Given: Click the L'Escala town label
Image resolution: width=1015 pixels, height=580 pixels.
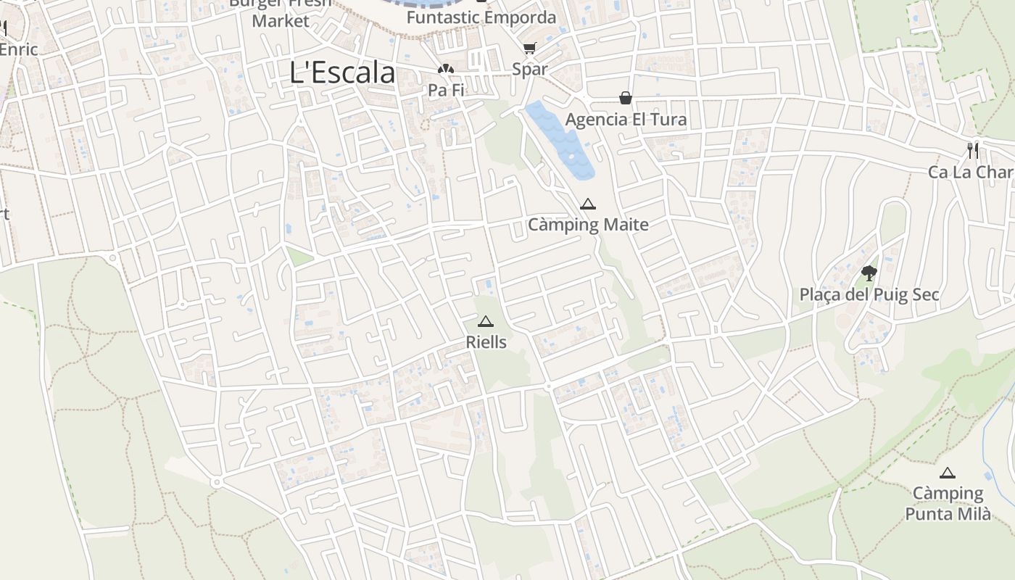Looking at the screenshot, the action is (342, 72).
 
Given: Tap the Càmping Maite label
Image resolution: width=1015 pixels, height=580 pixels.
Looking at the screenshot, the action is (588, 225).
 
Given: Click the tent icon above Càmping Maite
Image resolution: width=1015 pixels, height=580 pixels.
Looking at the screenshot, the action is (588, 204).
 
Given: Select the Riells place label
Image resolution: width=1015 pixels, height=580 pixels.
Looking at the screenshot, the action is (486, 341).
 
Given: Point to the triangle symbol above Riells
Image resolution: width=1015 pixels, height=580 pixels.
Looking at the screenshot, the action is (486, 322).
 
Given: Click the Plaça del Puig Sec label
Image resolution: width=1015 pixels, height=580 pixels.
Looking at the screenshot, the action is (869, 294).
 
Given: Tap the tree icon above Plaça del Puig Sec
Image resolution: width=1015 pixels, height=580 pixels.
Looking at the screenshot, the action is (869, 273).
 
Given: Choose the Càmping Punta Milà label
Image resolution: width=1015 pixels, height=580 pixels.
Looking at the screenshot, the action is (948, 504).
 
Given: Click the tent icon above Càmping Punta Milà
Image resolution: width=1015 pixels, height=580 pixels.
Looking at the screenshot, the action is (947, 473).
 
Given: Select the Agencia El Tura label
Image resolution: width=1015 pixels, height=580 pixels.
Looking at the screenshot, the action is (626, 119).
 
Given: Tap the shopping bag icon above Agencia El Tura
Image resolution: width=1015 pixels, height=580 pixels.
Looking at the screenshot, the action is (625, 98).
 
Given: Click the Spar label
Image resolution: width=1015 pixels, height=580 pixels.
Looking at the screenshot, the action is (529, 70).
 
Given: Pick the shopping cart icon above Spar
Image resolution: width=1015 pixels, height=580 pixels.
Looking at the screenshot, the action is (529, 49).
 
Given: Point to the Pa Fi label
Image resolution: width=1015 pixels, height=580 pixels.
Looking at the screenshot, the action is (445, 90).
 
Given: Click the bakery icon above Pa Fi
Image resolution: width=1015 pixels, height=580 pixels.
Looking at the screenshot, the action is (444, 70).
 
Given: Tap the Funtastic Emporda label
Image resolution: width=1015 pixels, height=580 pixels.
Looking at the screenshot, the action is (481, 17).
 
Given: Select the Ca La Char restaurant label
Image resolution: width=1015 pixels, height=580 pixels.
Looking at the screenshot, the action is (971, 172).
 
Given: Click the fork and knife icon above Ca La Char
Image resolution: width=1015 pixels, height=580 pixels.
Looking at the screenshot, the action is (973, 151).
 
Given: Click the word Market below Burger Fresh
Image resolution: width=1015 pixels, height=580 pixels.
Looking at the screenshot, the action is (281, 21).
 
